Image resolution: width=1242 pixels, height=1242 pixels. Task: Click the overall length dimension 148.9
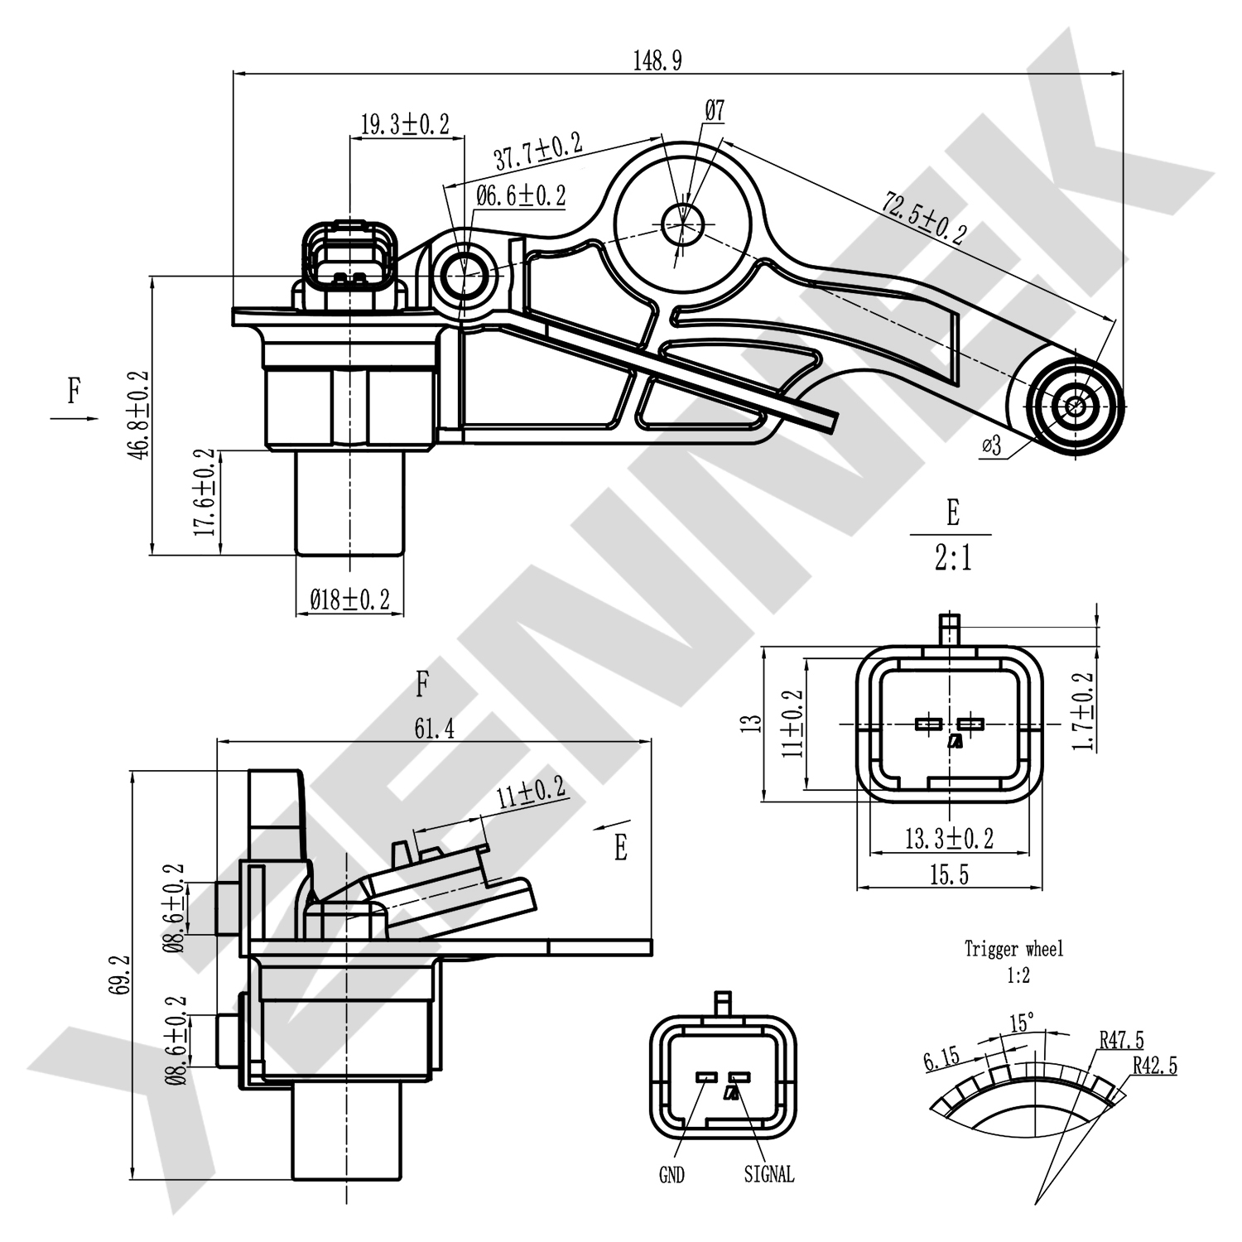tap(657, 60)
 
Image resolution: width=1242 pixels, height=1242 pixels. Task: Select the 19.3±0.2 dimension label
tap(405, 124)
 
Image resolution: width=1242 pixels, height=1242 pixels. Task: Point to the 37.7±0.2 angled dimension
tap(537, 151)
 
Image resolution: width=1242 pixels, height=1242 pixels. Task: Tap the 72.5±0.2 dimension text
tap(925, 218)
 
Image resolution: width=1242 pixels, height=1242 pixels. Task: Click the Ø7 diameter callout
tap(715, 109)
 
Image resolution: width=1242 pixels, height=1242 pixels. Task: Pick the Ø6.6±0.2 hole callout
tap(521, 196)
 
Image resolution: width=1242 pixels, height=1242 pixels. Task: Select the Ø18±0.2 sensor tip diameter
tap(349, 599)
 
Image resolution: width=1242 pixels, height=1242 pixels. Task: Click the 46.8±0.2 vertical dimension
tap(138, 416)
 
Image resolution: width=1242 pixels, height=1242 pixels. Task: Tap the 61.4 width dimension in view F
tap(434, 729)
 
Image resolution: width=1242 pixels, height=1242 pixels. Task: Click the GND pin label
tap(672, 1174)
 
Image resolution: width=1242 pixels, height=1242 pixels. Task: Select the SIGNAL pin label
tap(768, 1174)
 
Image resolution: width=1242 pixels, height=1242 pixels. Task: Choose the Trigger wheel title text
tap(1013, 949)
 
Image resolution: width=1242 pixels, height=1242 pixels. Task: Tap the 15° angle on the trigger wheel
tap(1022, 1023)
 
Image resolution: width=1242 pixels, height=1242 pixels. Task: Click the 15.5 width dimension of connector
tap(949, 874)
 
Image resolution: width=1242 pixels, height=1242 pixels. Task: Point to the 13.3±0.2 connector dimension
tap(949, 839)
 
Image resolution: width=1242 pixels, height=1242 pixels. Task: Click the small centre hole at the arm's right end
tap(1075, 406)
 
